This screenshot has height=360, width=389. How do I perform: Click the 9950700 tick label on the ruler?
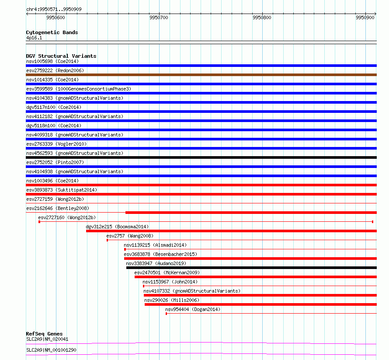[159, 17]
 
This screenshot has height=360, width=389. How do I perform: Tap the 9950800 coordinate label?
[262, 17]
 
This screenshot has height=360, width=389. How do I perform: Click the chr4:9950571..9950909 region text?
[54, 9]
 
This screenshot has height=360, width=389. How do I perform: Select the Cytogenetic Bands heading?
[52, 32]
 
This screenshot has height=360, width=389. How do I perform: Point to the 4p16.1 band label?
[34, 38]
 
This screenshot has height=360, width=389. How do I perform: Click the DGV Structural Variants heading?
[61, 56]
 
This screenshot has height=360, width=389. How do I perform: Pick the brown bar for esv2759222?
[201, 75]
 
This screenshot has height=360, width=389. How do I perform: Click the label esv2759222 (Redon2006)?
[55, 70]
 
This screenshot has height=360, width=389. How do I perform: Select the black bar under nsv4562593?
[201, 157]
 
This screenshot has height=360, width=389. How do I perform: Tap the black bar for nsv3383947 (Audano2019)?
[252, 268]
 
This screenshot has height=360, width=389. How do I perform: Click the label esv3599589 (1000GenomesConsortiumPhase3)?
[79, 89]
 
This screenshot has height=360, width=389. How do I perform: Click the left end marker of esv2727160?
[39, 222]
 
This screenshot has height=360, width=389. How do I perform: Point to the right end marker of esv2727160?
[373, 222]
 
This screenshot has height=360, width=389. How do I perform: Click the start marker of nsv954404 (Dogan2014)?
[166, 314]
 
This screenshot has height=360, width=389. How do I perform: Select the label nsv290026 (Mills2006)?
[172, 300]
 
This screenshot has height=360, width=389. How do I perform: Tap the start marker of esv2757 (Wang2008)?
[107, 240]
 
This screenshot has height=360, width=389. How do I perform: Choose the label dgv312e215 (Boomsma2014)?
[117, 227]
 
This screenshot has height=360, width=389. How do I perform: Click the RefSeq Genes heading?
[45, 334]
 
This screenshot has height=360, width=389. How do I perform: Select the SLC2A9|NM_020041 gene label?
[47, 339]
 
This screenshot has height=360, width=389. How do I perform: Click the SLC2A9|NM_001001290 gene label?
[51, 350]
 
